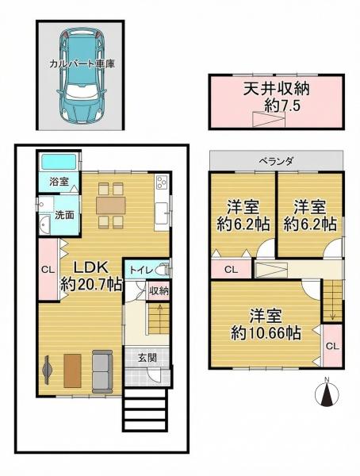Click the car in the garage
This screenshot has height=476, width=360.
point(82,77)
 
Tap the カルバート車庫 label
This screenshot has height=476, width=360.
point(82,64)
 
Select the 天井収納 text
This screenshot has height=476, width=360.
point(276,89)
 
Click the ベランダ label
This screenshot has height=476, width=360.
point(276,162)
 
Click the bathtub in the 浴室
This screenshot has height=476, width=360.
point(58,162)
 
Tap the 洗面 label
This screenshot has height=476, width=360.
point(64,215)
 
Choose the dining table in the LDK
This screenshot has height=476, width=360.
point(111,205)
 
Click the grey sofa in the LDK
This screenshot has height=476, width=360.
point(102,370)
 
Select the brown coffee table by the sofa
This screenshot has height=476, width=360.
point(72,370)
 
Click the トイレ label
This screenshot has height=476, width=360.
point(141,270)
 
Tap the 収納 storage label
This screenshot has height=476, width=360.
point(159,291)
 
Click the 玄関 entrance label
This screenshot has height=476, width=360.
point(147,358)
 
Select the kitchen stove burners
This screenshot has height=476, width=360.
point(161,182)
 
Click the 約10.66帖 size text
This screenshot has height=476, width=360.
point(266,334)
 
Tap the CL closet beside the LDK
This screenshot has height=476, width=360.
point(48,270)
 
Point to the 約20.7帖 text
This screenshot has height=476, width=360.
point(90,285)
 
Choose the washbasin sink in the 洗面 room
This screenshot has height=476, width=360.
point(44,225)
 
